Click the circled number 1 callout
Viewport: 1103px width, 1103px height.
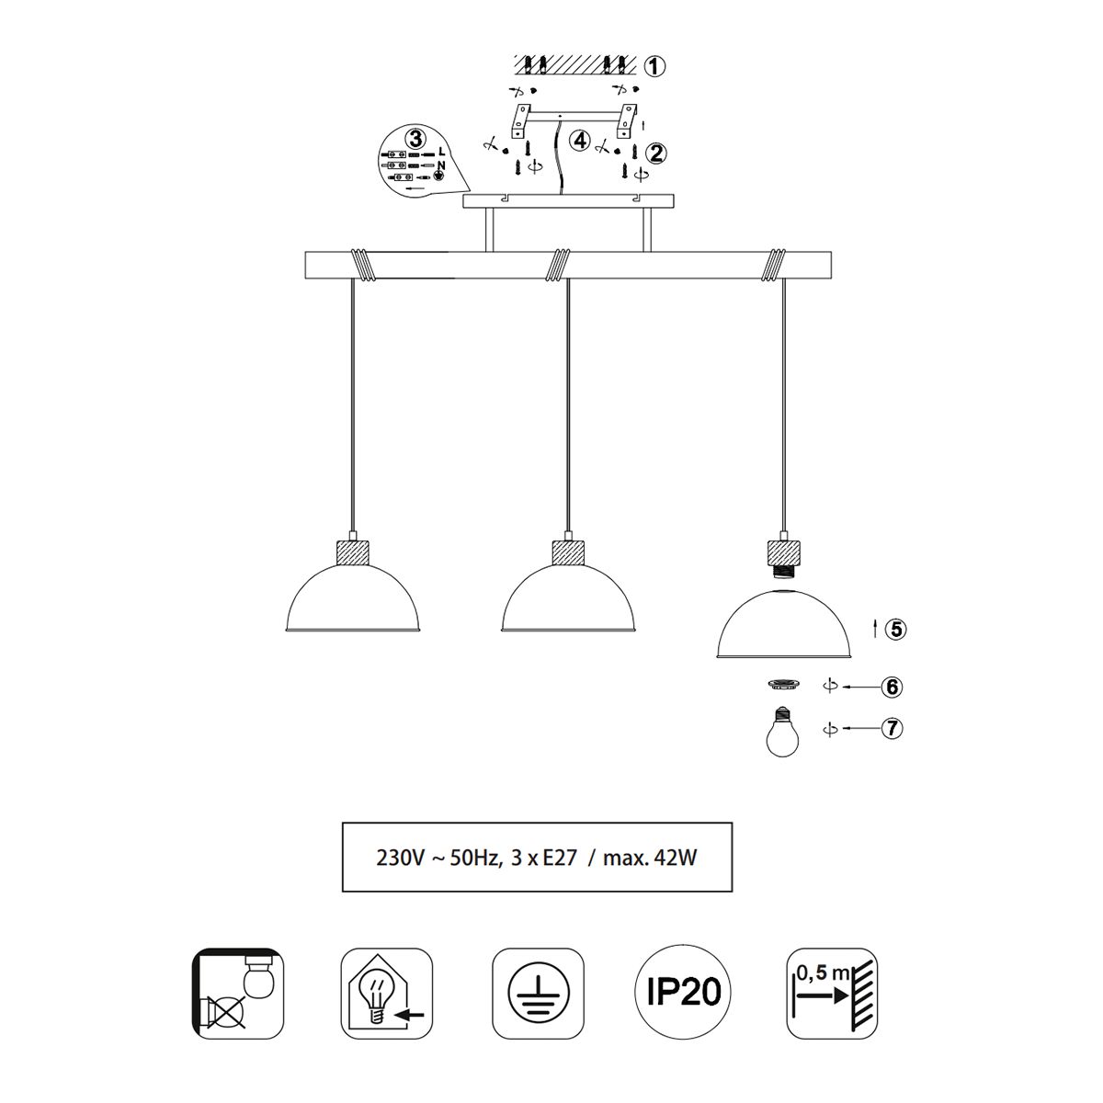pos(654,67)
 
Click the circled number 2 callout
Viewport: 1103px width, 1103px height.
pos(656,153)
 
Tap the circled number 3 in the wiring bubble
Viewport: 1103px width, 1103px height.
pos(415,139)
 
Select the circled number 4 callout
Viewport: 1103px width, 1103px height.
pos(580,140)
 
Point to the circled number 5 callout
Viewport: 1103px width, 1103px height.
pos(896,629)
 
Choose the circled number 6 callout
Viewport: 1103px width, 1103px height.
pos(893,687)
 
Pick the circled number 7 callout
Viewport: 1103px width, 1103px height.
pos(893,729)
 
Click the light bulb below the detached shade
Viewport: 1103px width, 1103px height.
pos(782,733)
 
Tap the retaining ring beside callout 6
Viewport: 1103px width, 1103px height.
pos(783,685)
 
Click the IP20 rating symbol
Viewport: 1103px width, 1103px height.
pos(684,992)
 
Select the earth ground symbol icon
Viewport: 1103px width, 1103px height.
pos(538,993)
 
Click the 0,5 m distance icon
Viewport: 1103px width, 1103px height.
pos(832,993)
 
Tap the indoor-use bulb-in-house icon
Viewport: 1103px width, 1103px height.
pos(387,993)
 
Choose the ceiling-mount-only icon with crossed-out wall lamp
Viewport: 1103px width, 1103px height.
pos(237,993)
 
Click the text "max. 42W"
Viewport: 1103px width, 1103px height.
pos(650,858)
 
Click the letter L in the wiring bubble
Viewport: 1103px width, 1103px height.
pos(441,151)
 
